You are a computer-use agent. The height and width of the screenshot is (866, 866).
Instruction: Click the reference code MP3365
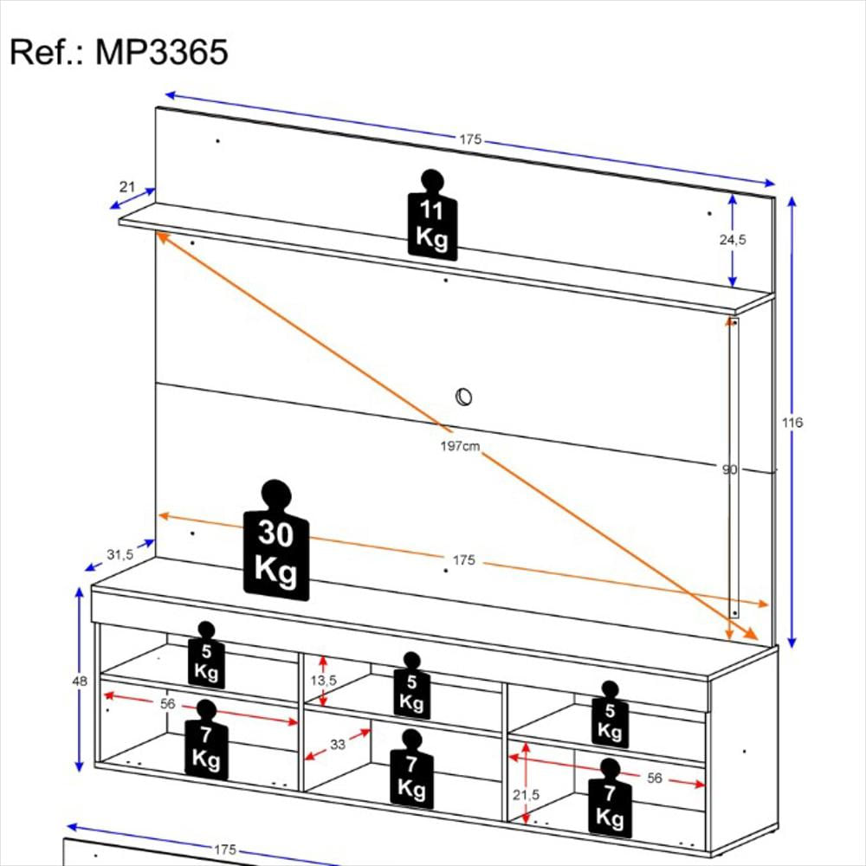pos(162,53)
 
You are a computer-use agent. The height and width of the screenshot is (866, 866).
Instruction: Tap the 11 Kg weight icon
pos(432,215)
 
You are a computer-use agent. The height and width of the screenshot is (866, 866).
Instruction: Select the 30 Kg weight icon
pos(276,540)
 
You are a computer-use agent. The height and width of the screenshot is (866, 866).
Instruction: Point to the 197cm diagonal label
pos(460,446)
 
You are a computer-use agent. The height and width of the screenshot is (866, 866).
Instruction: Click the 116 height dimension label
pos(792,423)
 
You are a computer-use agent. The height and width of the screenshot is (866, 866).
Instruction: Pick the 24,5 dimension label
pos(733,240)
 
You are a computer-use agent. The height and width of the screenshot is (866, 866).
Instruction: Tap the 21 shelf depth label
pos(127,187)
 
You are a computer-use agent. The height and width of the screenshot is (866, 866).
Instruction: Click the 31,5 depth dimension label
pos(120,554)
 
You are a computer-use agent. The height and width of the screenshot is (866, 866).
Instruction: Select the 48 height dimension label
pos(80,681)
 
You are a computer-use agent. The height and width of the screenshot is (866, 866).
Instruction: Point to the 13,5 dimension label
pos(323,681)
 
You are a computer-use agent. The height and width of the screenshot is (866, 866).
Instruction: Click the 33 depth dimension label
pos(338,745)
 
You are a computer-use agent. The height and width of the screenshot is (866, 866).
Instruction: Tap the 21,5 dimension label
pos(526,795)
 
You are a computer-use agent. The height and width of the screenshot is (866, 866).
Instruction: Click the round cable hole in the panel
pos(463,397)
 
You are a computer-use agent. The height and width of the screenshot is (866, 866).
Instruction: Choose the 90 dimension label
pos(729,469)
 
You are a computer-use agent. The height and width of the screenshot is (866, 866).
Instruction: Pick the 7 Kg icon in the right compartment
pos(610,798)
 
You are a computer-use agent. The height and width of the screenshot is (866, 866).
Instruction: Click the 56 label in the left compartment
pos(167,703)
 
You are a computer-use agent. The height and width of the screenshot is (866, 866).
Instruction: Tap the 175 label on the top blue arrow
pos(470,139)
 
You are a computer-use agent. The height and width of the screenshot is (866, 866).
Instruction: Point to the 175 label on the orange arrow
pos(464,560)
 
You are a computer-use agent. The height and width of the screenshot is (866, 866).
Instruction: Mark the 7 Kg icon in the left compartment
pos(206,740)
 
